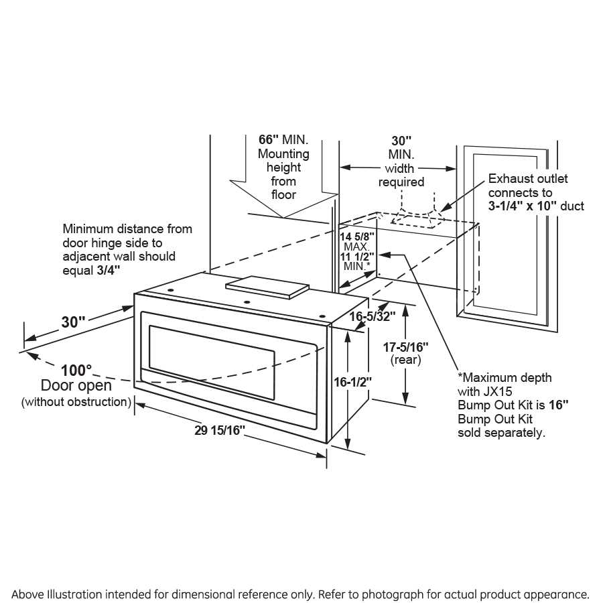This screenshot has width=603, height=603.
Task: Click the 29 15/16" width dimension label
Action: point(216,431)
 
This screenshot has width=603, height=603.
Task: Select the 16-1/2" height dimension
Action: point(352,381)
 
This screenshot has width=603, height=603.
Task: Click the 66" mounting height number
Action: point(268,140)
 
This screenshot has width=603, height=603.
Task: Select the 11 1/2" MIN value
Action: point(356,257)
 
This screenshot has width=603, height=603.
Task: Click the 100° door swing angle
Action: point(76,371)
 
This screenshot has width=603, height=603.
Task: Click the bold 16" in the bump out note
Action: point(558,405)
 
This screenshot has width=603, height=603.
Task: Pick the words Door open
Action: point(76,387)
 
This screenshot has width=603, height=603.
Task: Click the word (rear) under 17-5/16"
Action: point(405,360)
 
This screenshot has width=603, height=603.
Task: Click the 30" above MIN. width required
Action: point(401,141)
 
